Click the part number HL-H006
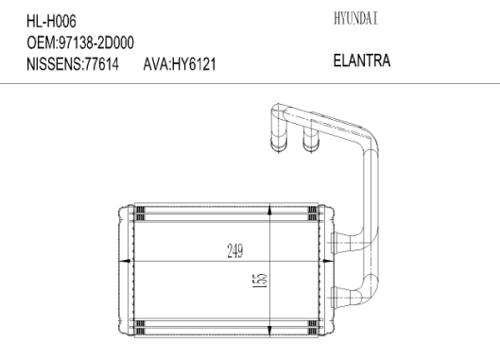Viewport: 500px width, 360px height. (51, 22)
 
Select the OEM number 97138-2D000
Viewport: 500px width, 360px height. (96, 43)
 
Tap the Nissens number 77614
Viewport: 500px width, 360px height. (101, 64)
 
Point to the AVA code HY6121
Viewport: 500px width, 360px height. (194, 64)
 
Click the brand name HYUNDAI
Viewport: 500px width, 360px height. (355, 18)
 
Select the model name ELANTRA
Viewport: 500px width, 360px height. (362, 60)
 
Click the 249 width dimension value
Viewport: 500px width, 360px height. (235, 250)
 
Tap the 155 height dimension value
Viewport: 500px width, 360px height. (260, 281)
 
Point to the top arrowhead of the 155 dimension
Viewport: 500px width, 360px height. (270, 211)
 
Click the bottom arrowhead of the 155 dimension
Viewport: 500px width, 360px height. (270, 331)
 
